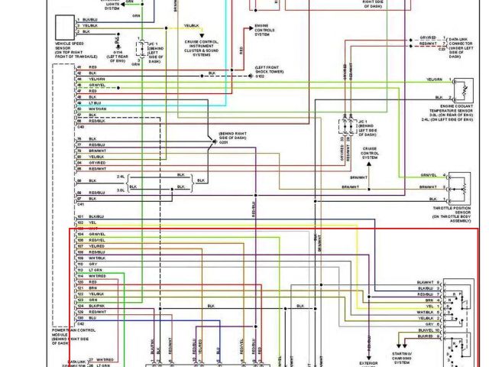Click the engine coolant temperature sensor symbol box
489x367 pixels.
[458, 90]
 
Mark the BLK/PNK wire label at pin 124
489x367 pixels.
[98, 306]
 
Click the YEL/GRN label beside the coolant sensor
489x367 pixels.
[434, 80]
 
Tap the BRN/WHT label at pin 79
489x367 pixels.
[97, 151]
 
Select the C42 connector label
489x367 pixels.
[80, 324]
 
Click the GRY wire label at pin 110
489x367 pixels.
[92, 264]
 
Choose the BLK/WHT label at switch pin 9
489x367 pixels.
[426, 330]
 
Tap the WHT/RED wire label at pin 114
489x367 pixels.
[97, 275]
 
